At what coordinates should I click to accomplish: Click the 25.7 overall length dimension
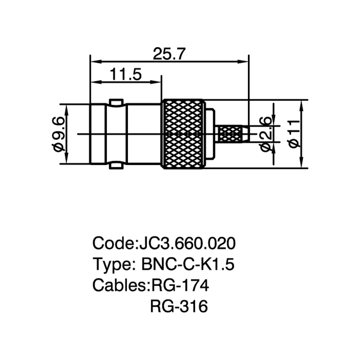click(169, 54)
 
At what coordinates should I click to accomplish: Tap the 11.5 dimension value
click(126, 74)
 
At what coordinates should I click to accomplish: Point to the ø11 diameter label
click(294, 134)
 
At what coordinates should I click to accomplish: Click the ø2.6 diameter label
click(265, 134)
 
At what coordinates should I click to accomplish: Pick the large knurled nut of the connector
click(183, 134)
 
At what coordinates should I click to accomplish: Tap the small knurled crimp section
click(230, 134)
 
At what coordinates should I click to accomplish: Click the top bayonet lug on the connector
click(116, 102)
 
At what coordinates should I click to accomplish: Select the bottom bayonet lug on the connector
click(116, 166)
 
